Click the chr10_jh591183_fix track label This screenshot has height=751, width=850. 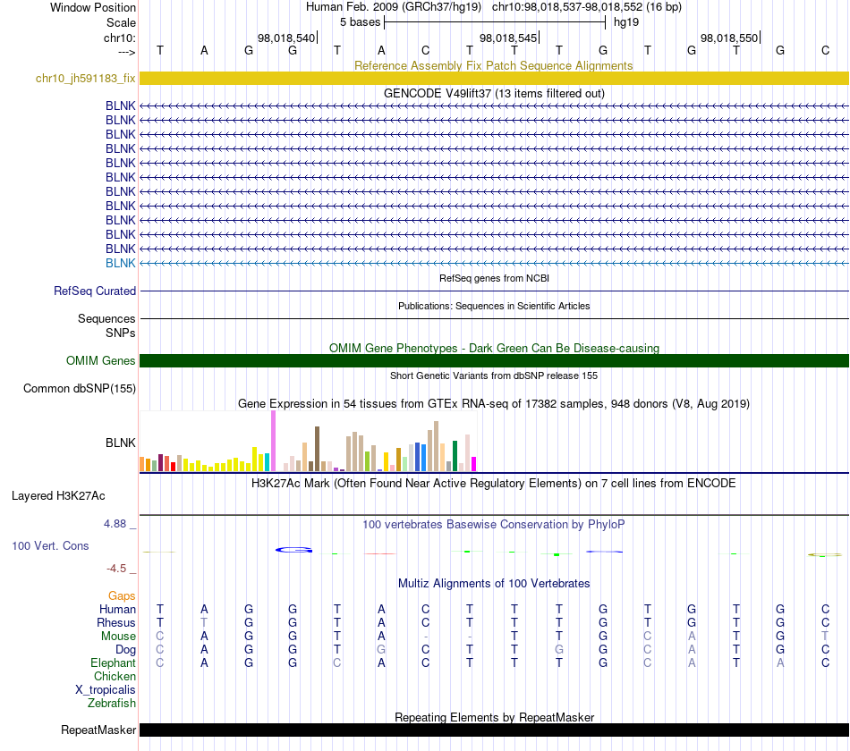coord(85,78)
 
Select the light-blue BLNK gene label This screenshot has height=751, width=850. coord(121,263)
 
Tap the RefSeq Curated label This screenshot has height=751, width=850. coord(95,291)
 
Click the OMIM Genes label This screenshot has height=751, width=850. coord(101,361)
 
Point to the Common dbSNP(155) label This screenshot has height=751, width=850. coord(80,389)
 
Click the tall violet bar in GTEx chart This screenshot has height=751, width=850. coord(273,441)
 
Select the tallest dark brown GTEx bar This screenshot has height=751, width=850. coord(317,449)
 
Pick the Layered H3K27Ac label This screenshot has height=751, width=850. coord(58,496)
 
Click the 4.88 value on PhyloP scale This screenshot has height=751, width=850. coord(115,523)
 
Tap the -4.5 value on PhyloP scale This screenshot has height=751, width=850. coord(116,568)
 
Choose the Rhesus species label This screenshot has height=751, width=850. coord(116,622)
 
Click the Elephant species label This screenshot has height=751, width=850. coord(113,662)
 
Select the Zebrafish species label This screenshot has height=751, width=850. coord(112,703)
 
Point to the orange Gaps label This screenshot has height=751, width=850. coord(122,596)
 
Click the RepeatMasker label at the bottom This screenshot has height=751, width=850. coord(98,730)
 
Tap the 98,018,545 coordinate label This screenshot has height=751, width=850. coord(508,38)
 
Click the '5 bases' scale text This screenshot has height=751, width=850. coord(360,22)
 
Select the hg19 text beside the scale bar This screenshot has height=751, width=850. coord(626,22)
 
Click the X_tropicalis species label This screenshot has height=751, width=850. coord(106,690)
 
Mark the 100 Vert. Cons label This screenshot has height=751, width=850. coord(50,545)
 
